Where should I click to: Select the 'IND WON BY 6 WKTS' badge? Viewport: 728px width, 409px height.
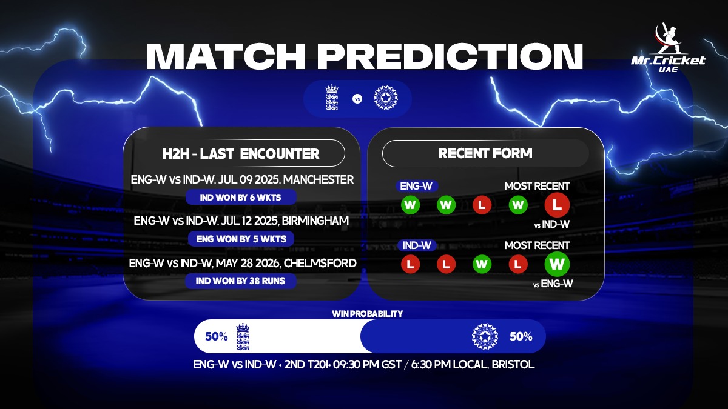pyautogui.click(x=241, y=198)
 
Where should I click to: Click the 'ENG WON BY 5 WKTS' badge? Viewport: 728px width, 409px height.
pyautogui.click(x=241, y=239)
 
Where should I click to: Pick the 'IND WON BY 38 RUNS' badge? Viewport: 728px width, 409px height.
pyautogui.click(x=240, y=281)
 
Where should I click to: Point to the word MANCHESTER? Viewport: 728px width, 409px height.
pyautogui.click(x=318, y=179)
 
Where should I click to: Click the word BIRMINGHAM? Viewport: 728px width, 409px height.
pyautogui.click(x=315, y=221)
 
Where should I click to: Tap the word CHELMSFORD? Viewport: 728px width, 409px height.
pyautogui.click(x=320, y=263)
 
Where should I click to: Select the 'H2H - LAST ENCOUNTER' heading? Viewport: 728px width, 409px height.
pyautogui.click(x=241, y=153)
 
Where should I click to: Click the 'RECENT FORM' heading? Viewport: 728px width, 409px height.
pyautogui.click(x=485, y=153)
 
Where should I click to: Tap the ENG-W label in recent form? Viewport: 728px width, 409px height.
pyautogui.click(x=416, y=186)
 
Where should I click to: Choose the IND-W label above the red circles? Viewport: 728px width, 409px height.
pyautogui.click(x=417, y=245)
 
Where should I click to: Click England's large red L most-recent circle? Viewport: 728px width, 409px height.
pyautogui.click(x=557, y=205)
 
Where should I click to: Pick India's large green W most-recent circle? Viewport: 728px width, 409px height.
pyautogui.click(x=557, y=264)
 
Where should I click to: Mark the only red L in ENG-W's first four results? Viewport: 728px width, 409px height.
pyautogui.click(x=482, y=205)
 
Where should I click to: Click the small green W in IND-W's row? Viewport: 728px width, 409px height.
pyautogui.click(x=482, y=264)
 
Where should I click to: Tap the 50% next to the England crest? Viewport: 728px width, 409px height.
pyautogui.click(x=217, y=336)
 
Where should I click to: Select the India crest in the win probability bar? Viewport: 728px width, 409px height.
pyautogui.click(x=485, y=336)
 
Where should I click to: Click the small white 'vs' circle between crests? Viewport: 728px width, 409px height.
pyautogui.click(x=357, y=99)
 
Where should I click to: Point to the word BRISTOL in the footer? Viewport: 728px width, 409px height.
pyautogui.click(x=513, y=364)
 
